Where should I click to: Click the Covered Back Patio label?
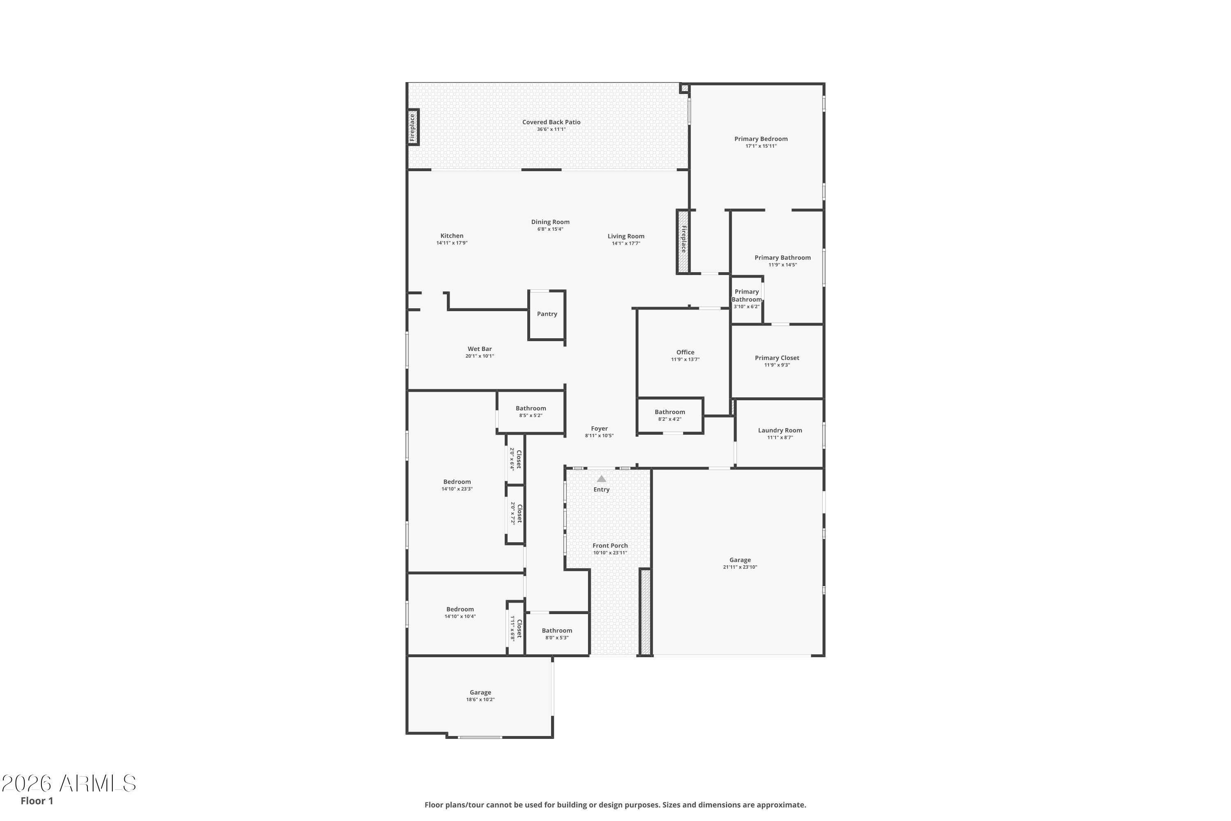click(x=551, y=122)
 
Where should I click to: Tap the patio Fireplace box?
click(x=413, y=127)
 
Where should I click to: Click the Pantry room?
click(x=547, y=315)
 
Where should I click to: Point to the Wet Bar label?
click(x=479, y=349)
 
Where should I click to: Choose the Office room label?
click(x=685, y=352)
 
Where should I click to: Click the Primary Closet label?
click(x=777, y=358)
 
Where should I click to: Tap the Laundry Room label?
click(x=780, y=430)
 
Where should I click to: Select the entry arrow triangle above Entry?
click(x=602, y=479)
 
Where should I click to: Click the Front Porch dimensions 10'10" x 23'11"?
click(x=610, y=553)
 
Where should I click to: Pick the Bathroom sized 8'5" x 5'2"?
click(x=531, y=412)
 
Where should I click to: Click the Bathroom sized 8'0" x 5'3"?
click(x=557, y=633)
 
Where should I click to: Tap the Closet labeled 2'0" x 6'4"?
click(x=515, y=459)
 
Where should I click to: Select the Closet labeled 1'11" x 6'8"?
click(x=516, y=628)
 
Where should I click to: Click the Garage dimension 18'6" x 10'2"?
click(x=480, y=699)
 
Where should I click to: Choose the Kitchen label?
click(x=452, y=236)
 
